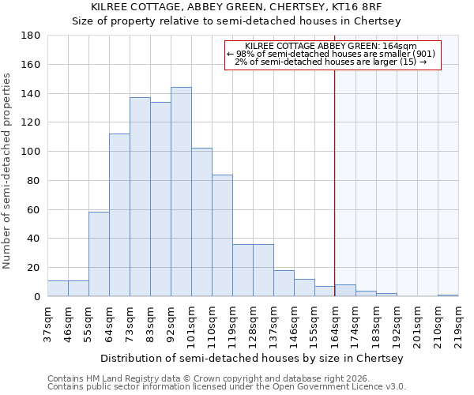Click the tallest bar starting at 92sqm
coord(181,192)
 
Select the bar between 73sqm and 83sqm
coord(140,197)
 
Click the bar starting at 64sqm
coord(119,215)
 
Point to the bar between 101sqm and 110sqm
coord(201,222)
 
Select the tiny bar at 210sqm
coord(448,295)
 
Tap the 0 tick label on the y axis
coord(36,297)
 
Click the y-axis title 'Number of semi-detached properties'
coord(8,171)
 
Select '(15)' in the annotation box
coord(408,62)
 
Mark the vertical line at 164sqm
coord(335,182)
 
